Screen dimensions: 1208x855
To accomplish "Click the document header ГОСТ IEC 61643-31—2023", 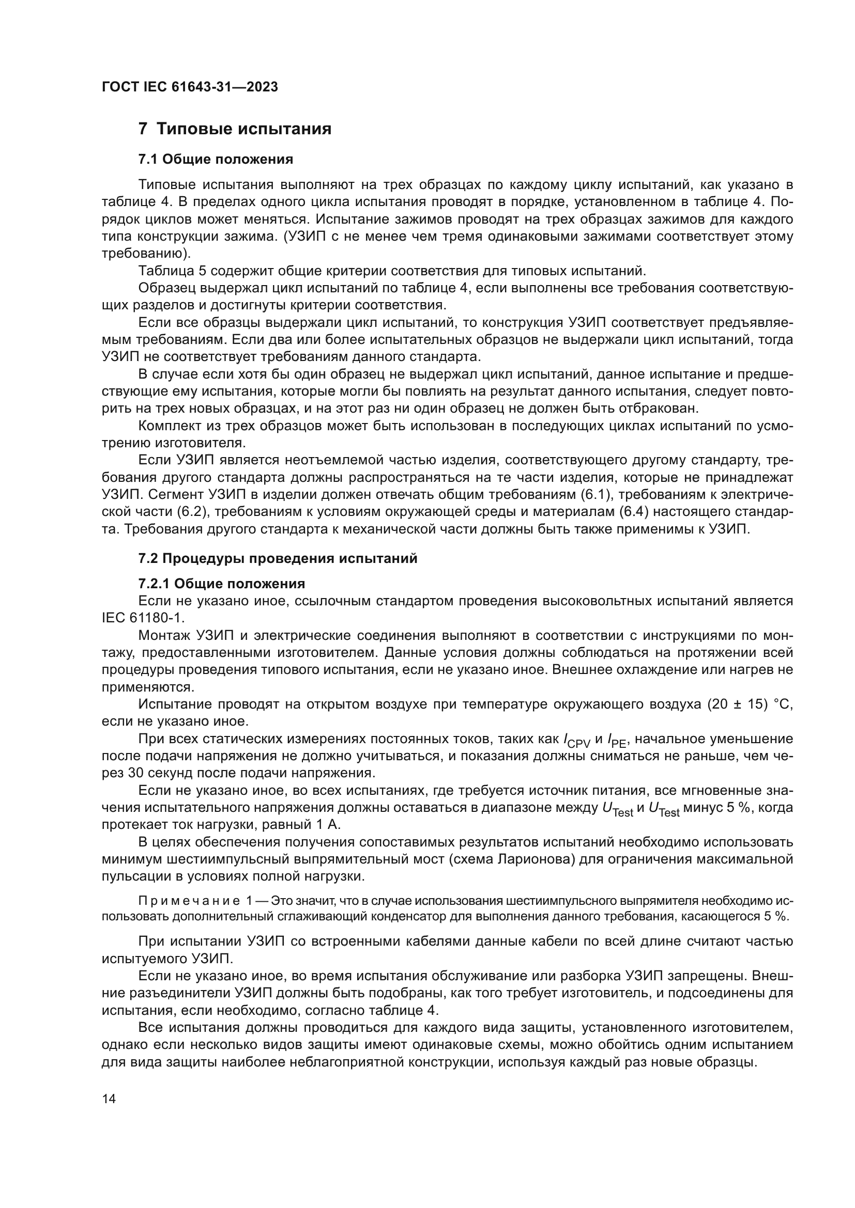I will [x=190, y=87].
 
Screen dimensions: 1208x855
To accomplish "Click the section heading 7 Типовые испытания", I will [x=235, y=129].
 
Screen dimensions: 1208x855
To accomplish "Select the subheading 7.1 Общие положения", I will [x=216, y=159].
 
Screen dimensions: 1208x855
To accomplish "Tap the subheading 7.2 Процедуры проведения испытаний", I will [x=278, y=558].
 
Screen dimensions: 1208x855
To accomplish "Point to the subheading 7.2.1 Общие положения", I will [x=221, y=584].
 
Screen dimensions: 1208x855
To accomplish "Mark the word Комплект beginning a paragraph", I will [x=170, y=426].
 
